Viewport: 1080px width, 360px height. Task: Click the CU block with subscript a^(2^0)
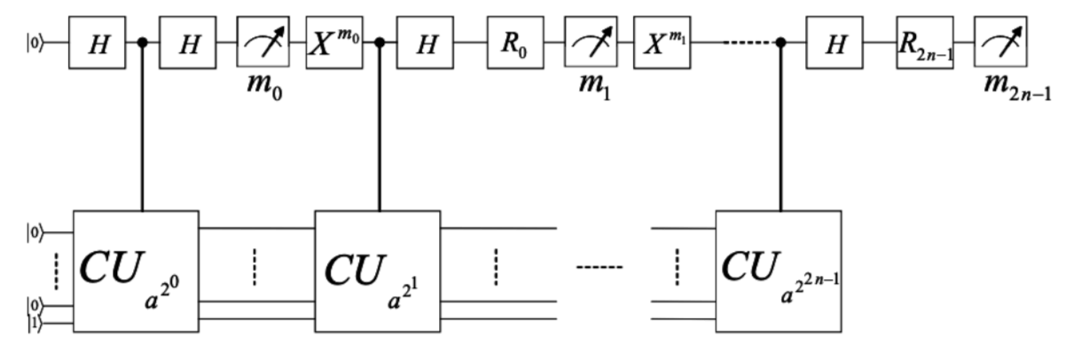(x=134, y=270)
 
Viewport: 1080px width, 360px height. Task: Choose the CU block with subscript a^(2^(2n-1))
(x=779, y=270)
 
